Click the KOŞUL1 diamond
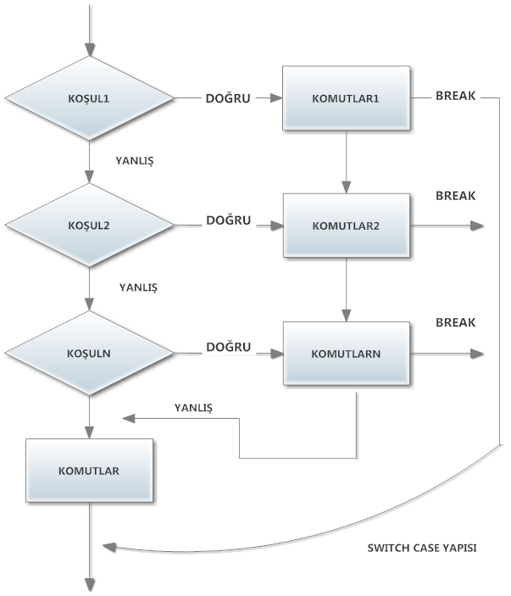point(89,98)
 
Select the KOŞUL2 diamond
point(89,226)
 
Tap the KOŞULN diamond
point(89,353)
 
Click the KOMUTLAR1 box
point(347,98)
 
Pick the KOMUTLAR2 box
point(347,226)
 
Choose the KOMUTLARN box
point(347,353)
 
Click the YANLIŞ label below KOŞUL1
point(138,159)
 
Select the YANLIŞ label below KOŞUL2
point(138,287)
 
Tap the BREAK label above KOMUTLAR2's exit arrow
point(456,196)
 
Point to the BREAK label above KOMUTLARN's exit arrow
point(456,323)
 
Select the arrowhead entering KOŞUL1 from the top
point(89,49)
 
